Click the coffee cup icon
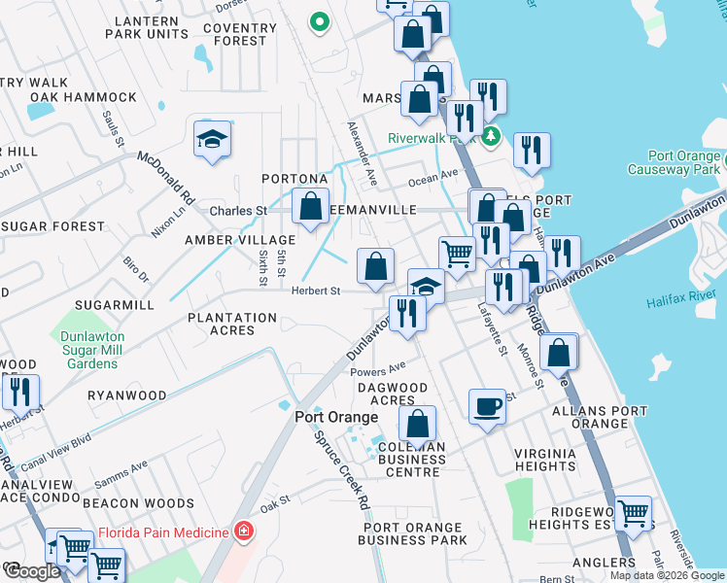[487, 405]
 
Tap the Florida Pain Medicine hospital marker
[242, 532]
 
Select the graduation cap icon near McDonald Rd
[212, 140]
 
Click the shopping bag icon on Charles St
[310, 206]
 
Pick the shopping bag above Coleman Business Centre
[418, 423]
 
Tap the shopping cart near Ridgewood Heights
[633, 511]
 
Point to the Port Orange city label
[336, 417]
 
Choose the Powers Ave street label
[377, 369]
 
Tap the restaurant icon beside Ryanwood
[19, 391]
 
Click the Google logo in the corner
[31, 571]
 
